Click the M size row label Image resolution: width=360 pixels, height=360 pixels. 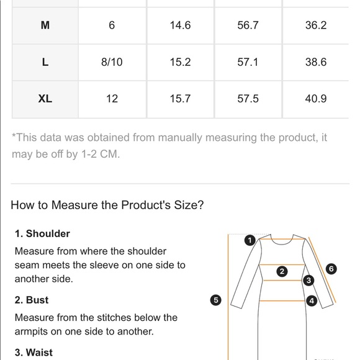tap(45, 25)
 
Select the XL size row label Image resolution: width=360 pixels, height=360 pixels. tap(45, 99)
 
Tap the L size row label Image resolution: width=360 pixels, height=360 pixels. tap(45, 62)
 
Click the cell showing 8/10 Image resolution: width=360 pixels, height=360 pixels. tap(112, 62)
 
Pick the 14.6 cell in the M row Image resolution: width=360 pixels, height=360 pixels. tap(180, 25)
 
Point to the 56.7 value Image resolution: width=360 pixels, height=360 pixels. tap(248, 25)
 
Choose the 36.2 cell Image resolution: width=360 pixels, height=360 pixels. tap(316, 25)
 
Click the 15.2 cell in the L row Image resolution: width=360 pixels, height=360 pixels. tap(180, 62)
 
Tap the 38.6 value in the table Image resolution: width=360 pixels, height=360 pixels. tap(316, 62)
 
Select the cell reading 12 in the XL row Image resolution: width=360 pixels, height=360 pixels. tap(112, 99)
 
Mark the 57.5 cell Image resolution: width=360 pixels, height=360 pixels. tap(248, 99)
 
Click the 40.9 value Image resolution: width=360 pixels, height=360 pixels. tap(316, 99)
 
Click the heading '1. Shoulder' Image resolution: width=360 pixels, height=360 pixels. tap(42, 233)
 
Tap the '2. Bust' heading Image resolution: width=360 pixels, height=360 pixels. tap(32, 300)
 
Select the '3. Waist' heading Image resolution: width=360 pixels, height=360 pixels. tap(34, 353)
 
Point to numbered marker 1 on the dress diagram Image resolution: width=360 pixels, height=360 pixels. tap(250, 240)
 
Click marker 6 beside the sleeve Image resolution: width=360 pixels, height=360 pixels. tap(331, 269)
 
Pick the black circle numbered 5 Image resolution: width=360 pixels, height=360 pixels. tap(216, 300)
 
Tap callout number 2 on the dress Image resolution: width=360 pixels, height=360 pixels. tap(282, 272)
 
